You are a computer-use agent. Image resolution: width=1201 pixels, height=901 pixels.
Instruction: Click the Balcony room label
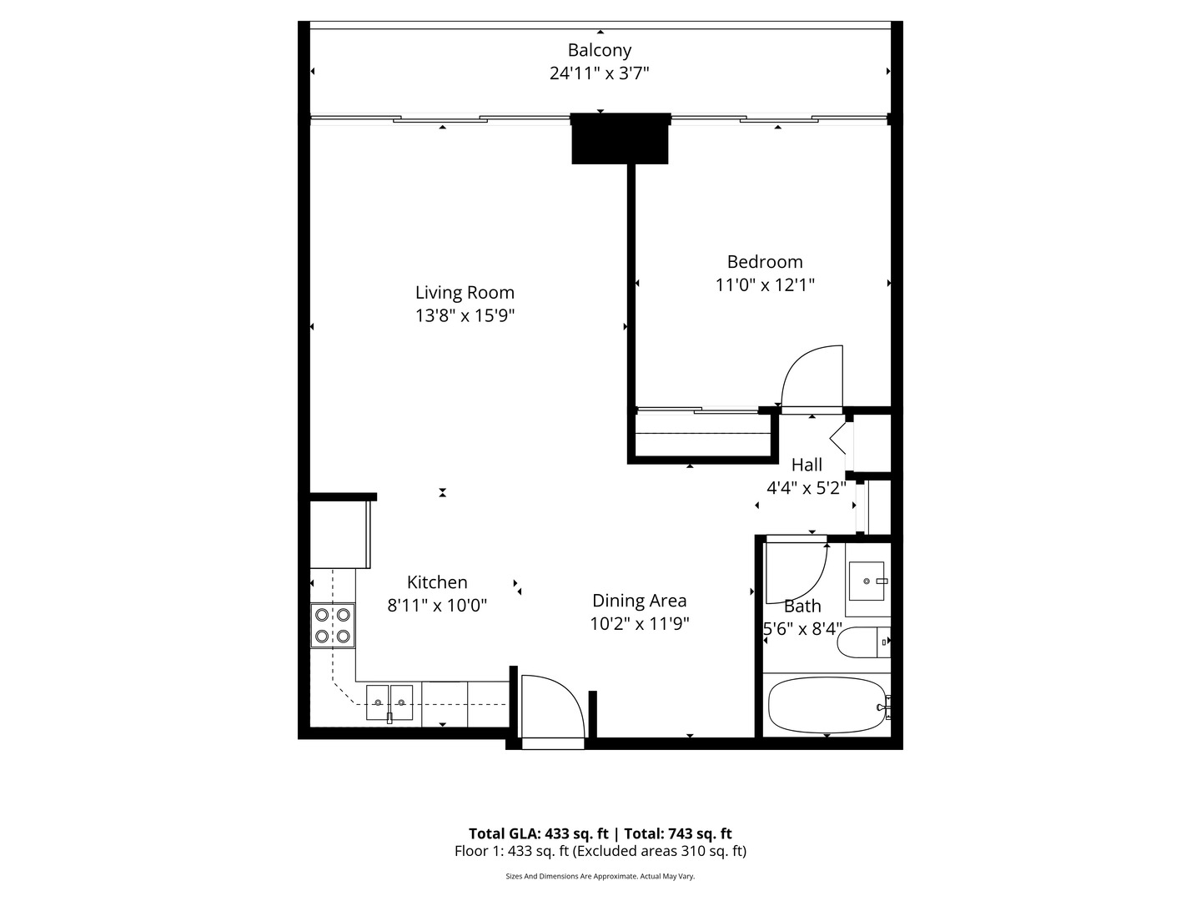tap(599, 50)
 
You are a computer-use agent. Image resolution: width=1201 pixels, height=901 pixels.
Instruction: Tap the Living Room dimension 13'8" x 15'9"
tap(465, 315)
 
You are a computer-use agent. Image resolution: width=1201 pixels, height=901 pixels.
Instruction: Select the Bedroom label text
tap(765, 262)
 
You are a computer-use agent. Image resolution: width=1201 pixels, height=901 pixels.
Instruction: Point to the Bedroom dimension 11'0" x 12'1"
tap(765, 284)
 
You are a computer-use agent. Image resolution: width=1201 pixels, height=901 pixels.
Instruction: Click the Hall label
tap(807, 466)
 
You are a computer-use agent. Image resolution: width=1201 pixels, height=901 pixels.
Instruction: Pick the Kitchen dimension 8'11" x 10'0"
tap(437, 606)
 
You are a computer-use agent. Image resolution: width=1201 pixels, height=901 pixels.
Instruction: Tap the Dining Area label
tap(639, 601)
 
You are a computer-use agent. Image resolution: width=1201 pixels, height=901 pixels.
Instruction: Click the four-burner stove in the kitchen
tap(332, 626)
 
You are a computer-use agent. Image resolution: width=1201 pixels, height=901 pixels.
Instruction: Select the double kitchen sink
tap(389, 702)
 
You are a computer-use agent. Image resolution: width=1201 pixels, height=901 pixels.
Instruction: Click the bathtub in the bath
tap(826, 706)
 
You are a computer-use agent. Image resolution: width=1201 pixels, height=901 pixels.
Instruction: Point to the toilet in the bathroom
tap(863, 642)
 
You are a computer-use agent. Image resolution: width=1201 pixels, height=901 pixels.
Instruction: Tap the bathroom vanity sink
tap(867, 581)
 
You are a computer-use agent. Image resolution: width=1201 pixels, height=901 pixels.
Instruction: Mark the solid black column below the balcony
tap(620, 138)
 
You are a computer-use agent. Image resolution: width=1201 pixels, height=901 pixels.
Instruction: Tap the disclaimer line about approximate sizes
tap(600, 877)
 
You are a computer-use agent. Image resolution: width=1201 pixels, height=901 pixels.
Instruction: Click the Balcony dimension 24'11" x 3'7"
tap(599, 73)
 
